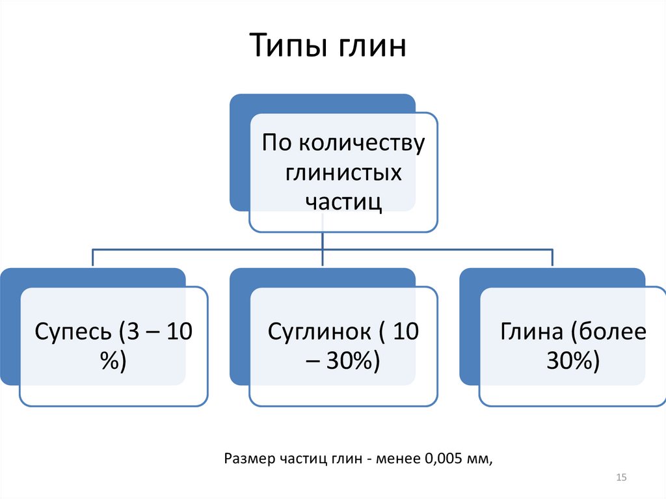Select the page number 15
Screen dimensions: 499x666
coord(620,479)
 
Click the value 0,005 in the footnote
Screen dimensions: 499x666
coord(441,459)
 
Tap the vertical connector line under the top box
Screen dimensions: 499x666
coord(323,241)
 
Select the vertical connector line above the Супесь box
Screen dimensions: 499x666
coord(92,258)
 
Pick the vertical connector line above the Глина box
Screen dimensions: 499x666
coord(552,258)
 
